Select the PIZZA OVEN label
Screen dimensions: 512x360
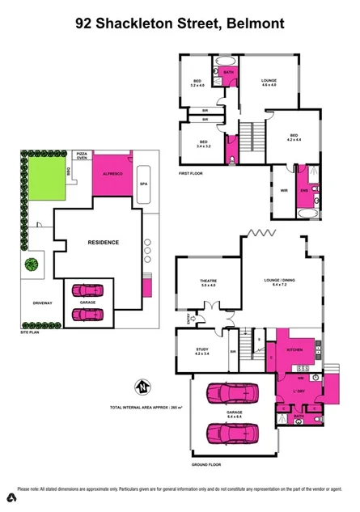82,154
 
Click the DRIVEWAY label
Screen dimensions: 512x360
36,305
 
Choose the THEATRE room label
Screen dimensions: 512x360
209,283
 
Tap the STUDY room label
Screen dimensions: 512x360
202,351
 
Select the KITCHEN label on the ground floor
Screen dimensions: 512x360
294,349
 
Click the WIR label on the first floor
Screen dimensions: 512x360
282,192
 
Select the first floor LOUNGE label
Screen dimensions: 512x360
269,82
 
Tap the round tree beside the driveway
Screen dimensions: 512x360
32,264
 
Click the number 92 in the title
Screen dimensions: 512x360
84,24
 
